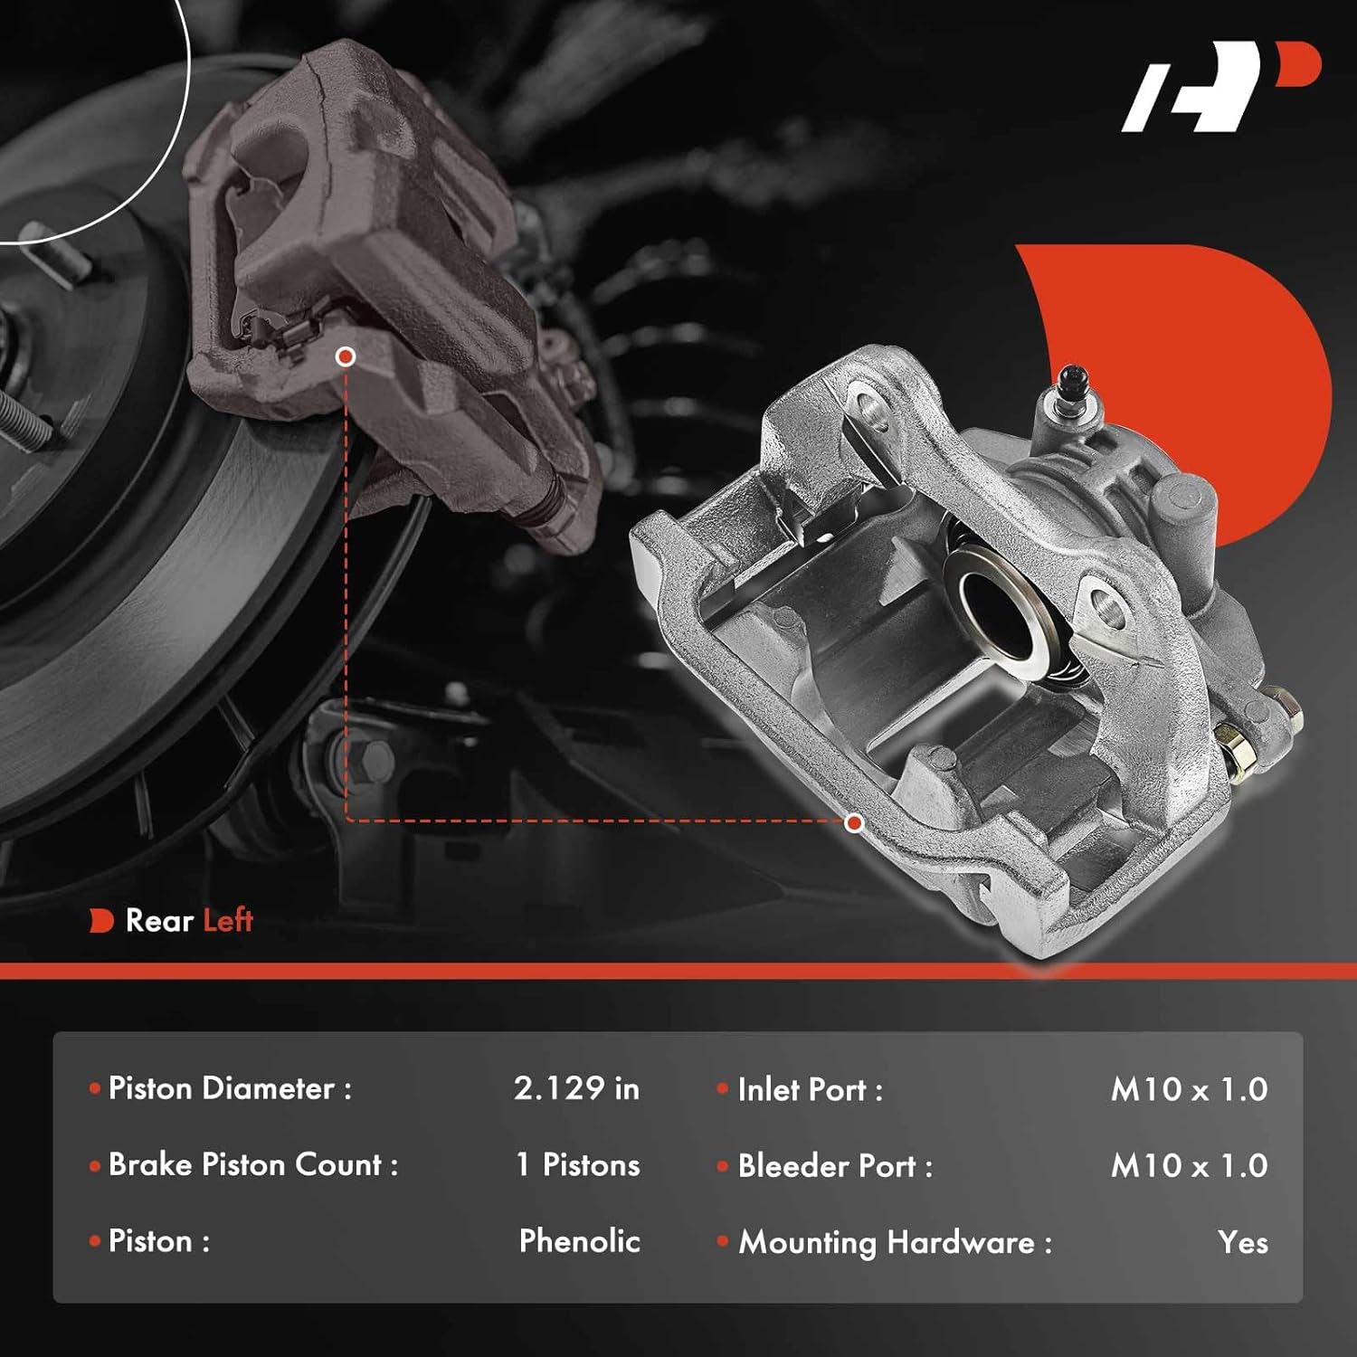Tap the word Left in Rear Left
pyautogui.click(x=227, y=921)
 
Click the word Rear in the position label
pyautogui.click(x=159, y=921)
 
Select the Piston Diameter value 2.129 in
pyautogui.click(x=576, y=1088)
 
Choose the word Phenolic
pyautogui.click(x=579, y=1241)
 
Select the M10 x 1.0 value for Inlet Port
pyautogui.click(x=1189, y=1089)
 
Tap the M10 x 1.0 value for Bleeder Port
pyautogui.click(x=1189, y=1166)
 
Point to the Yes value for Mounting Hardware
pyautogui.click(x=1242, y=1243)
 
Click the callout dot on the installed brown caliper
pyautogui.click(x=345, y=356)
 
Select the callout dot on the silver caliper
pyautogui.click(x=854, y=822)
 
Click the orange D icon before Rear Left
pyautogui.click(x=100, y=921)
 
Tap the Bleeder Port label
pyautogui.click(x=834, y=1167)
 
